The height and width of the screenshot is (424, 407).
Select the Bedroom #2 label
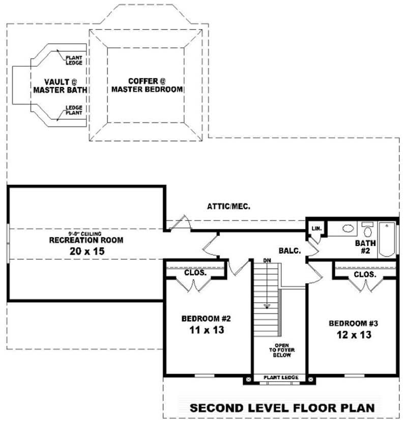point(207,319)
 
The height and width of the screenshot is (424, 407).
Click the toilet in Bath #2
point(367,229)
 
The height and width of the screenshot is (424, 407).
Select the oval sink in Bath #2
point(348,229)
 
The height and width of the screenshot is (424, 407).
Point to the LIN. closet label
point(316,228)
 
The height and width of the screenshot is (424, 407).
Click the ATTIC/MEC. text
point(228,206)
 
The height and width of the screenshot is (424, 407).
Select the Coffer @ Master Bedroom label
point(147,85)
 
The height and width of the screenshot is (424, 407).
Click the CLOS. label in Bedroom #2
point(195,273)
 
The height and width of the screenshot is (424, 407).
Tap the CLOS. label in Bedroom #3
point(365,274)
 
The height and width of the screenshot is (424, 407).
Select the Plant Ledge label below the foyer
point(280,378)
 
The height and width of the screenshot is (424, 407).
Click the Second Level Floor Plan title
point(282,408)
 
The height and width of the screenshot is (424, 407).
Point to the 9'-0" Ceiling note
point(86,233)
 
